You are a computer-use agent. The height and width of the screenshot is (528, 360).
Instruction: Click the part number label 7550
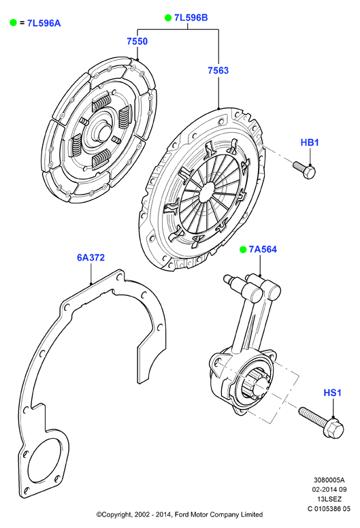point(137,41)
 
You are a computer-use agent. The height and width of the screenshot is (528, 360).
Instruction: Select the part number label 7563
point(218,70)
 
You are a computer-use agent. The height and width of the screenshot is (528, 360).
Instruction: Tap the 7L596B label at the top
point(191,18)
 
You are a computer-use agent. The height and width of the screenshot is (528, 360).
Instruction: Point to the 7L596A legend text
point(44,23)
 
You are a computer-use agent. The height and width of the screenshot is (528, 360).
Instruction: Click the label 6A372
point(91,258)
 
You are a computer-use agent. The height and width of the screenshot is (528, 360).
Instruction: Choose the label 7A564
point(263,249)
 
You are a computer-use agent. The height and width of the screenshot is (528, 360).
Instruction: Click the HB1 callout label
point(310,142)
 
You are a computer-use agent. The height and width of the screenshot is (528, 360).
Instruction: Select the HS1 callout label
point(332,393)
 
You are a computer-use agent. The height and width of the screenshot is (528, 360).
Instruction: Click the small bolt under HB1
point(304,169)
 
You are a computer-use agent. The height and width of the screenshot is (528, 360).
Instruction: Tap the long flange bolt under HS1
point(321,422)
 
